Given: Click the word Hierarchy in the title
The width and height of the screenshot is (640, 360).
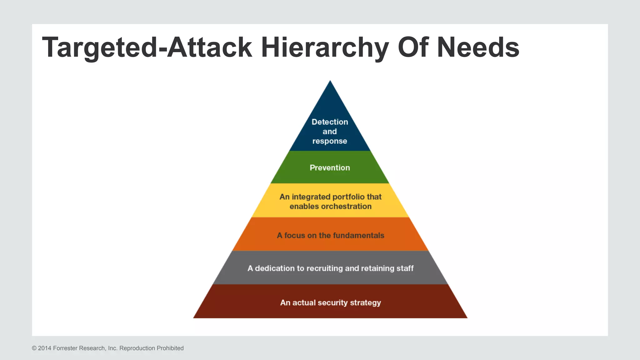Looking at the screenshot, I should [325, 47].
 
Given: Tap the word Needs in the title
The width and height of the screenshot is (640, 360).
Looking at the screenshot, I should [478, 47].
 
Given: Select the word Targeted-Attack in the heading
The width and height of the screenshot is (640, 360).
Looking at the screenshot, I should [147, 47].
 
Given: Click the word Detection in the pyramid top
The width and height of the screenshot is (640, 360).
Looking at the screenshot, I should [330, 122].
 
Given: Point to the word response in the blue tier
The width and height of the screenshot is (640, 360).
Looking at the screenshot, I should [330, 141].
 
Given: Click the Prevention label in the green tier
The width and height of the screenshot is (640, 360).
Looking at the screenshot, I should [330, 168].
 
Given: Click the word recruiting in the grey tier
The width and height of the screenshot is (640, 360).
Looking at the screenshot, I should [325, 268].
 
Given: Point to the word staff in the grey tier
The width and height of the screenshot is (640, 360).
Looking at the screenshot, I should [405, 268].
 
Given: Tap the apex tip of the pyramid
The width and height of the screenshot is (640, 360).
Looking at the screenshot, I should [330, 82].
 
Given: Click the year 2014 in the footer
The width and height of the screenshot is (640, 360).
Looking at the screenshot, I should [45, 348].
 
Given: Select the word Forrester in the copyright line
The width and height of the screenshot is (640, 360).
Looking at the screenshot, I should [66, 348].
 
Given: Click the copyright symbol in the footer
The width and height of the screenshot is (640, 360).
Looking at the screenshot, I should [34, 348].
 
